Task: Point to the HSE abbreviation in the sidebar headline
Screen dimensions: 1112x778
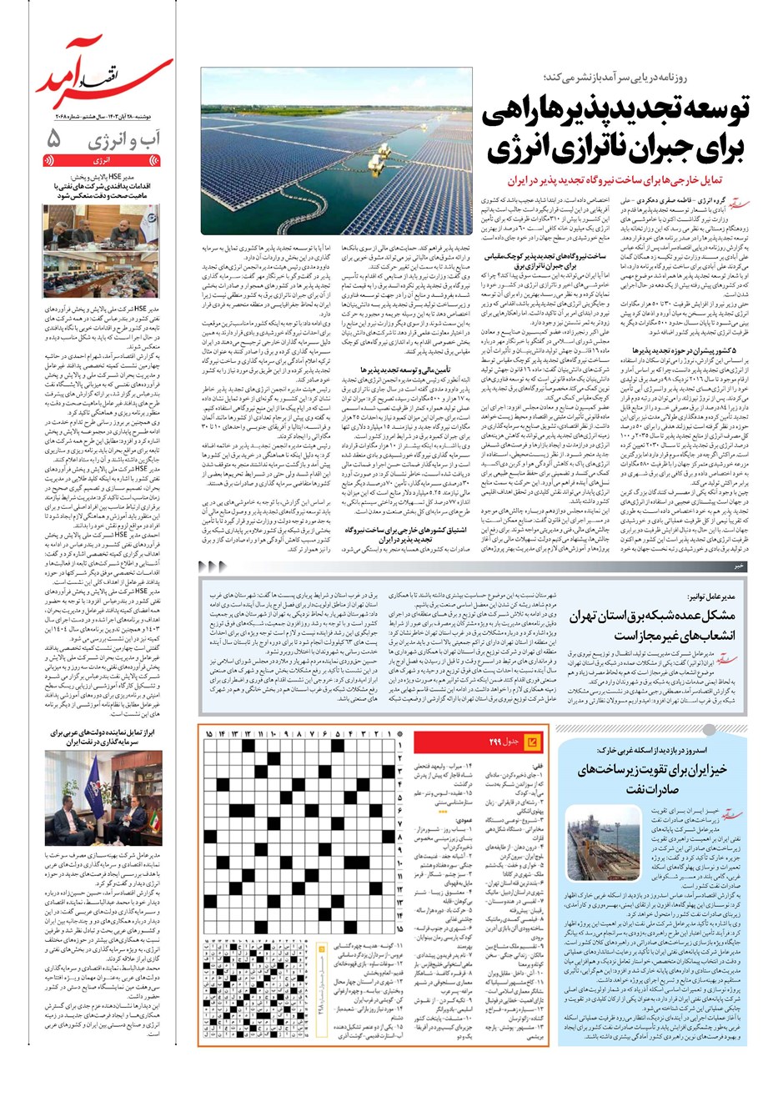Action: [126, 178]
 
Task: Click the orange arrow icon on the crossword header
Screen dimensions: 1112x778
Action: [535, 741]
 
